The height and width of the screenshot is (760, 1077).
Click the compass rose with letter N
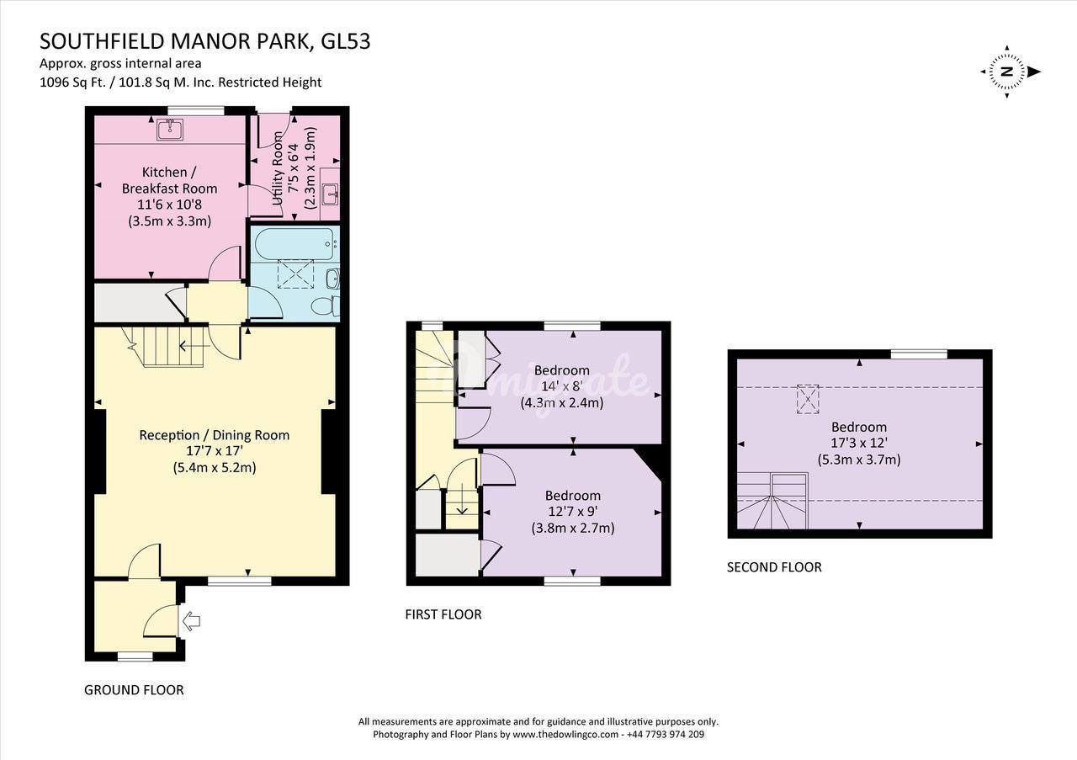click(x=1007, y=72)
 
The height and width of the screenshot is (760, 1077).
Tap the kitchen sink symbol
click(x=170, y=130)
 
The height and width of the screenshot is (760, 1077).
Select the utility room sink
click(x=330, y=194)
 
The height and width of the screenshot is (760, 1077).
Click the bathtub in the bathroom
click(x=294, y=244)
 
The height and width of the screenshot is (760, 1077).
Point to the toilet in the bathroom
click(x=326, y=306)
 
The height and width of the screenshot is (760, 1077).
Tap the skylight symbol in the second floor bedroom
click(x=808, y=399)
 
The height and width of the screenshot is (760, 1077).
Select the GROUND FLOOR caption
click(x=134, y=690)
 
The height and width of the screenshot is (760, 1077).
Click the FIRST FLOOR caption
click(x=443, y=614)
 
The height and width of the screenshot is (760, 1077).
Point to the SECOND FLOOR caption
click(x=774, y=567)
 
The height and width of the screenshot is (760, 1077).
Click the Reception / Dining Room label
click(x=215, y=435)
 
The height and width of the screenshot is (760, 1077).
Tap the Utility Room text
click(x=278, y=168)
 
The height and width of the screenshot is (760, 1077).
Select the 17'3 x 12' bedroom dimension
click(x=859, y=443)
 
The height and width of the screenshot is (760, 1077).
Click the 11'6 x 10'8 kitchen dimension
click(x=169, y=205)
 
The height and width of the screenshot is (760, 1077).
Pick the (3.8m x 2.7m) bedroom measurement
click(x=573, y=529)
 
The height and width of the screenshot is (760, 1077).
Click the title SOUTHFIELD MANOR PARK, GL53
click(x=204, y=42)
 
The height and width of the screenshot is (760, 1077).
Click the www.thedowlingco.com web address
click(x=565, y=735)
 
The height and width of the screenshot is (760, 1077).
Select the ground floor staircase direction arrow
click(x=194, y=345)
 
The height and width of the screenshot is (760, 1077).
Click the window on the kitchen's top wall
click(x=196, y=110)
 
